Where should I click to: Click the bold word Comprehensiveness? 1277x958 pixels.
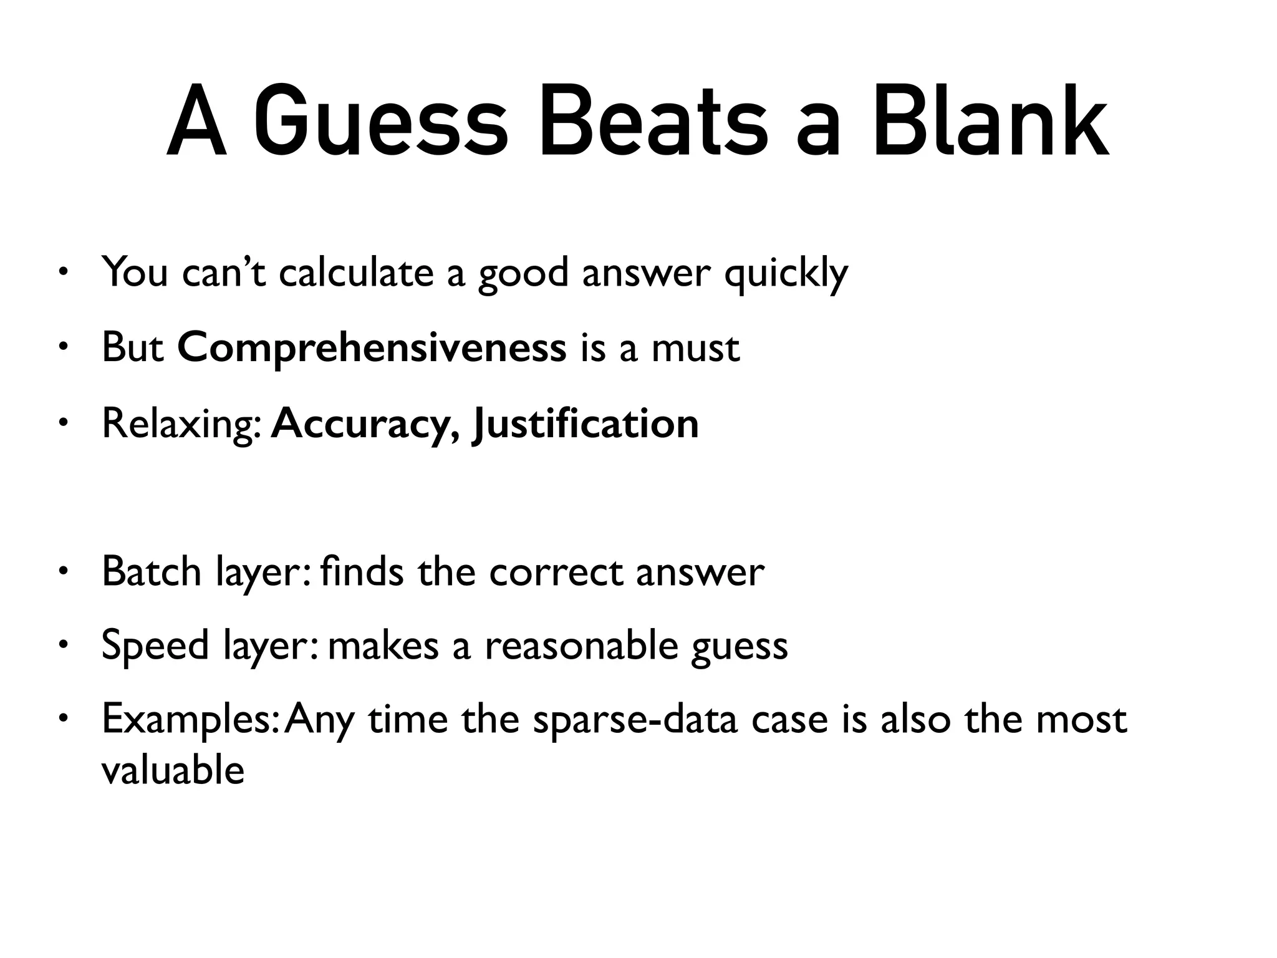(372, 349)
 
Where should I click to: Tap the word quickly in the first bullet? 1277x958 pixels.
(786, 274)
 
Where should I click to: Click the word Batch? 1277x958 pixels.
(152, 571)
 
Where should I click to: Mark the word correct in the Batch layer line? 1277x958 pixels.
(556, 571)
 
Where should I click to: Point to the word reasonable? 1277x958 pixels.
(581, 646)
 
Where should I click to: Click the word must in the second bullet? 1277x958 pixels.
(695, 349)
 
